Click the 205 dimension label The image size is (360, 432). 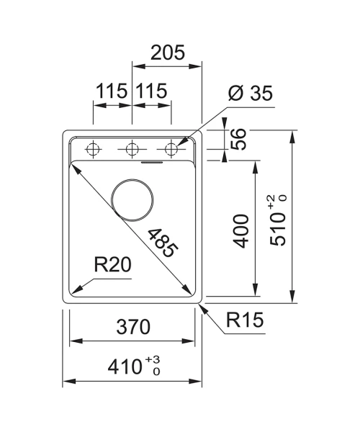point(168,53)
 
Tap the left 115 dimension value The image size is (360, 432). point(112,91)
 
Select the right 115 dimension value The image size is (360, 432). point(151,91)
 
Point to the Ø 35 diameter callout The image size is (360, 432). point(250,93)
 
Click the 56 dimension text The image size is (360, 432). point(238,139)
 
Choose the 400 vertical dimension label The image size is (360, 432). point(240,231)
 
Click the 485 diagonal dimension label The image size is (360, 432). point(163,243)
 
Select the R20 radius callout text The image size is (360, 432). point(112,265)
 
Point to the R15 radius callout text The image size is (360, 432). point(245,320)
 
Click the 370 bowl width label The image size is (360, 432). point(133,326)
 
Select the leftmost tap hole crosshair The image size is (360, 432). point(93,149)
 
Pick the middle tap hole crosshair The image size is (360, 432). point(132,149)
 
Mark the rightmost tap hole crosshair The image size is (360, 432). point(171,149)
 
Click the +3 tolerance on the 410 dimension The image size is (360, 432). point(153,359)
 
